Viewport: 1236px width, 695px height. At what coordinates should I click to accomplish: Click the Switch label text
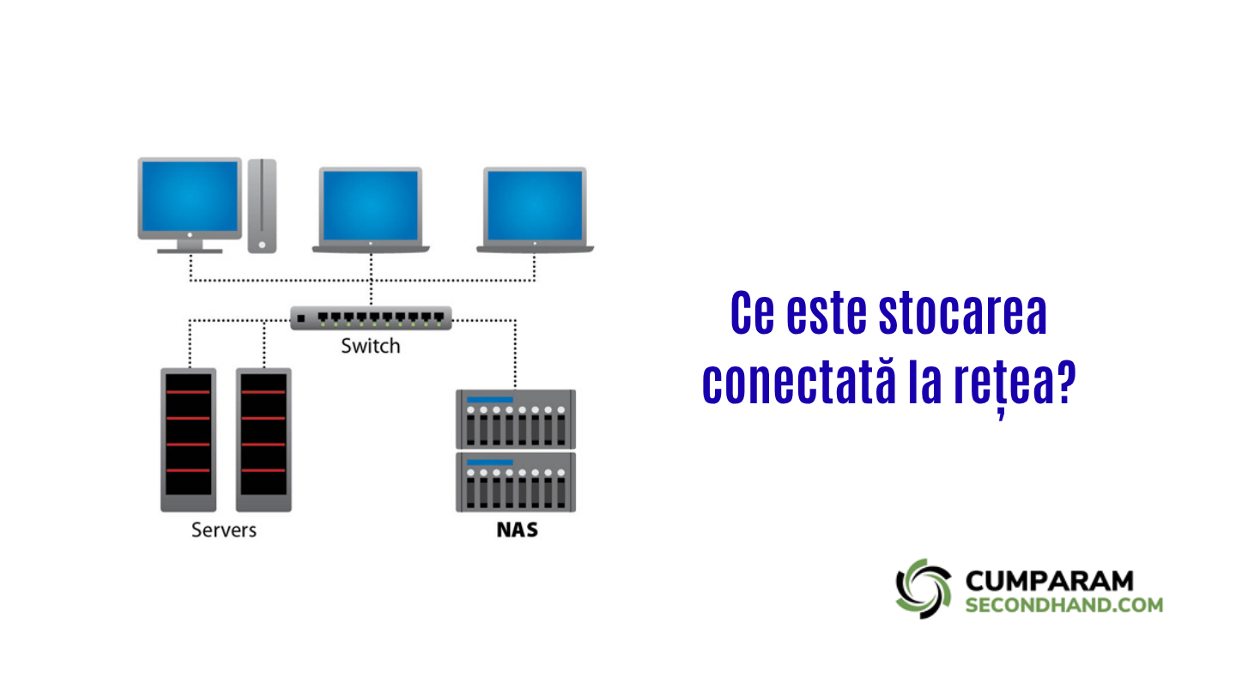point(370,347)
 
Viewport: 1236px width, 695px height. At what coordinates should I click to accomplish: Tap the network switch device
point(370,318)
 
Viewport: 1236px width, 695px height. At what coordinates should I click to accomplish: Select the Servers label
point(223,529)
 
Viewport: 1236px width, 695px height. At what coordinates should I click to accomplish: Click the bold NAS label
point(517,529)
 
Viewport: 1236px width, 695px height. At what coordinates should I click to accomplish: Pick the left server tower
point(188,439)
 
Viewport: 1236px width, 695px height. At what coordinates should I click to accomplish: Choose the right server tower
point(264,439)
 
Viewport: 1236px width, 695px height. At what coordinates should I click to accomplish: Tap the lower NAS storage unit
point(516,481)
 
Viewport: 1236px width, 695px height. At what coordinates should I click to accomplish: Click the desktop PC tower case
point(263,205)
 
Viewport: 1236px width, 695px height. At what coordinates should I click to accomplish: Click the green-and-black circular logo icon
point(924,588)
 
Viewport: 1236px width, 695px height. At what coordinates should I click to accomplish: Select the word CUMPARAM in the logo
point(1049,581)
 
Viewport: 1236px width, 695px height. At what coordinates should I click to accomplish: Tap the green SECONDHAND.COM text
point(1064,605)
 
